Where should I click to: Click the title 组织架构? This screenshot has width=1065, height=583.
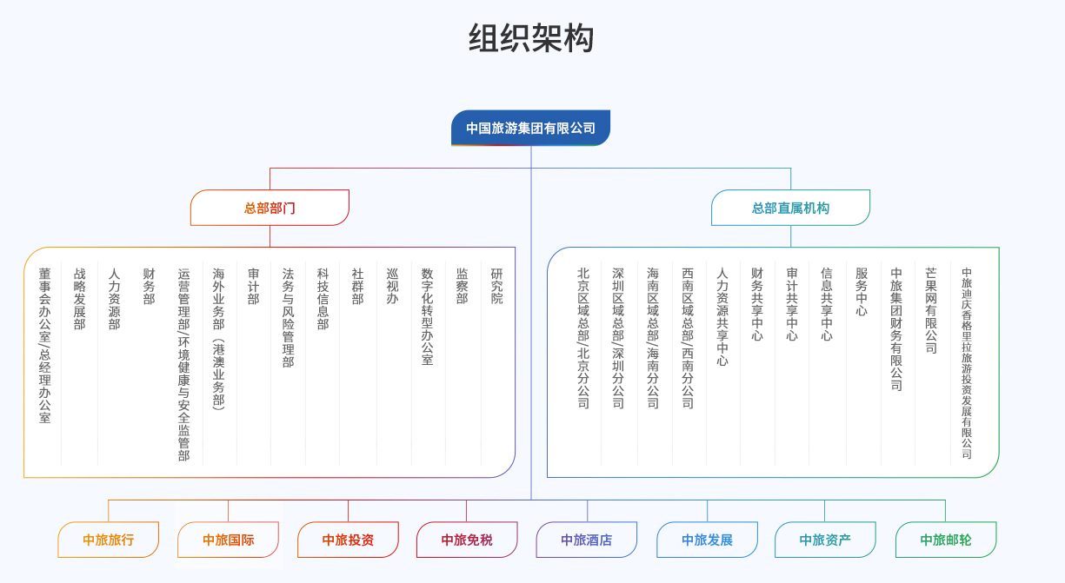pyautogui.click(x=531, y=38)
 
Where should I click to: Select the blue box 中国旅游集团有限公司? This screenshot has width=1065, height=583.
pyautogui.click(x=530, y=128)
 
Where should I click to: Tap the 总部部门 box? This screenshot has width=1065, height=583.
pyautogui.click(x=270, y=208)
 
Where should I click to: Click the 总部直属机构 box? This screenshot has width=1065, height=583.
pyautogui.click(x=790, y=208)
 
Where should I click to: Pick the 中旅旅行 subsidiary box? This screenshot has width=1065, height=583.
pyautogui.click(x=109, y=540)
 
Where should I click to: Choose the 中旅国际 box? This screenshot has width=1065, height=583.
pyautogui.click(x=228, y=540)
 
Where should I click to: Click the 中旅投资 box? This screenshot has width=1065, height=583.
pyautogui.click(x=348, y=540)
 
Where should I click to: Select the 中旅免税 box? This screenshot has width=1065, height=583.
pyautogui.click(x=467, y=540)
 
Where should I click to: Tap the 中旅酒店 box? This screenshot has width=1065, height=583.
pyautogui.click(x=587, y=540)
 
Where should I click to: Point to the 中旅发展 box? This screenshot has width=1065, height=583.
pyautogui.click(x=707, y=540)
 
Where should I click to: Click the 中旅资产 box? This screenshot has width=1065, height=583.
pyautogui.click(x=825, y=540)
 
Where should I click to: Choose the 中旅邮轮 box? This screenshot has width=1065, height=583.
pyautogui.click(x=946, y=540)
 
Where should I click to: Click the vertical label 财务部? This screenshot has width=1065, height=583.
pyautogui.click(x=149, y=286)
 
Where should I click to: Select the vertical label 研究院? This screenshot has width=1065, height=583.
pyautogui.click(x=496, y=286)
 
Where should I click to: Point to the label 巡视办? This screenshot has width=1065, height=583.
pyautogui.click(x=392, y=286)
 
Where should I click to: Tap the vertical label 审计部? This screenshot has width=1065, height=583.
pyautogui.click(x=253, y=286)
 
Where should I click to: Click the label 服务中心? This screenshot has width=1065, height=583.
pyautogui.click(x=862, y=292)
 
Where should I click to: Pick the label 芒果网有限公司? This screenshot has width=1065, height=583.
pyautogui.click(x=931, y=310)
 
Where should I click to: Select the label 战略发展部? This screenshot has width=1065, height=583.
pyautogui.click(x=79, y=298)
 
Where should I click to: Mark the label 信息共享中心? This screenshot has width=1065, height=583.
pyautogui.click(x=826, y=304)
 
